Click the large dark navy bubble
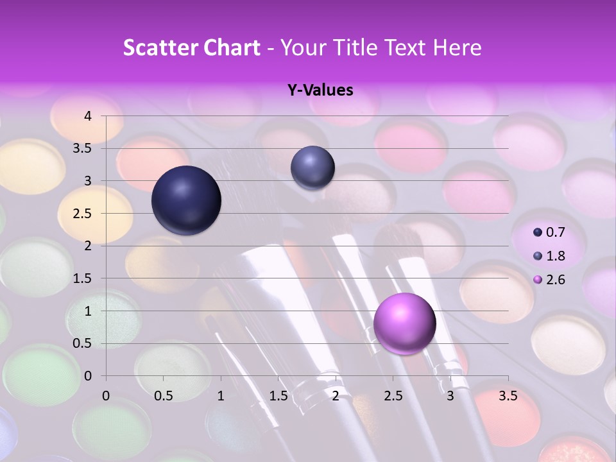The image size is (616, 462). click(186, 200)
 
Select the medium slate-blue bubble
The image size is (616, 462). click(312, 168)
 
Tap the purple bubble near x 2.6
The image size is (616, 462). click(404, 324)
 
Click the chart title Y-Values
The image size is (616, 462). click(320, 90)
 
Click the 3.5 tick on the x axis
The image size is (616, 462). click(508, 396)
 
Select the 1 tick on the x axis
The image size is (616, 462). click(221, 396)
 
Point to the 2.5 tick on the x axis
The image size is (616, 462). click(393, 396)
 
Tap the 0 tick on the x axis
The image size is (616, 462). click(106, 396)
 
